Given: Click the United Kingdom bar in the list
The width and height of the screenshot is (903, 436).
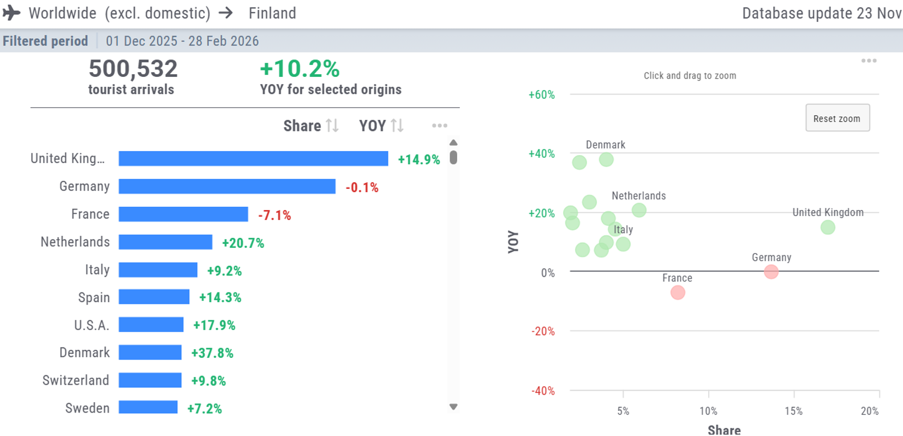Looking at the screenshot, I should point(253,159).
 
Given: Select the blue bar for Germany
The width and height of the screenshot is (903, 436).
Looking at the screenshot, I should point(227,187).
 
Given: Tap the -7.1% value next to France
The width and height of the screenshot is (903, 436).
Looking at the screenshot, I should point(274,216).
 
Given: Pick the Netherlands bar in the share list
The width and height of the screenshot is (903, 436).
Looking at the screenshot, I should point(165,242).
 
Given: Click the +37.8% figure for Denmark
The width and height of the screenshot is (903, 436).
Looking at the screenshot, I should point(212,353).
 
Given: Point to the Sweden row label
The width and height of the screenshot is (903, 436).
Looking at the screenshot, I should point(87,408).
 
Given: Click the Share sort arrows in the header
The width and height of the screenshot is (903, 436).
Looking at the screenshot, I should point(332,126).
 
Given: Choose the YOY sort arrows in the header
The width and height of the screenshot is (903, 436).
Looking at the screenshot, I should point(397,126).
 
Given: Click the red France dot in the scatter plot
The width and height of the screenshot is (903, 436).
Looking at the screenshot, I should point(678,292).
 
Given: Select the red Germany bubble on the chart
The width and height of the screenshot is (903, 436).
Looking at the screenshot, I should point(771,271).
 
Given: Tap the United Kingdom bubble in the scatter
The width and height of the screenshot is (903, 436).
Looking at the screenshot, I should point(828,227).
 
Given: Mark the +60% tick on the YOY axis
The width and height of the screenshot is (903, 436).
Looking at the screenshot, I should point(541,95).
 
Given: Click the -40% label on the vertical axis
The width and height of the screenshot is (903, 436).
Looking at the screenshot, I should point(543,391).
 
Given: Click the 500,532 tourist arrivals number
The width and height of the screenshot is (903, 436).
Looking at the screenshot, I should point(133,69).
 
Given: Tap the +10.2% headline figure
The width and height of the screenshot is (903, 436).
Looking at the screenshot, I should point(300,69).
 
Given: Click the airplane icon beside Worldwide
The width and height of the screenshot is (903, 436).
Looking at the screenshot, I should point(11,13).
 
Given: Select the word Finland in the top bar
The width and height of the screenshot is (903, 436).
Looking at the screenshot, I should point(272,13).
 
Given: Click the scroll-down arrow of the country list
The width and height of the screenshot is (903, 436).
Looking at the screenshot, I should point(453,407).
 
